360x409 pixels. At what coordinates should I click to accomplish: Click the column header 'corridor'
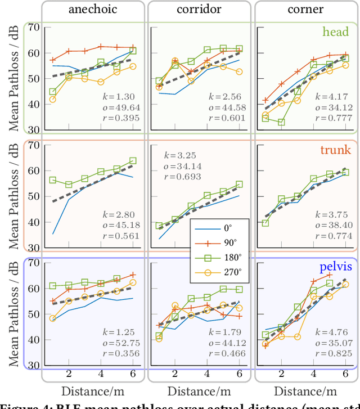(199, 10)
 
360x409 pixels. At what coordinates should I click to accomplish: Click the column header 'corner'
(305, 10)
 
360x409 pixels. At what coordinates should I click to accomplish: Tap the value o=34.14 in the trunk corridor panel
(182, 166)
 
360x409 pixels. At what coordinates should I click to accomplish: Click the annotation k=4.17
(335, 97)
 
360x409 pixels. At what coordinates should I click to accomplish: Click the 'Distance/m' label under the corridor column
(199, 390)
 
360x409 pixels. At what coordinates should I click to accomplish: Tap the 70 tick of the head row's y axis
(33, 27)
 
